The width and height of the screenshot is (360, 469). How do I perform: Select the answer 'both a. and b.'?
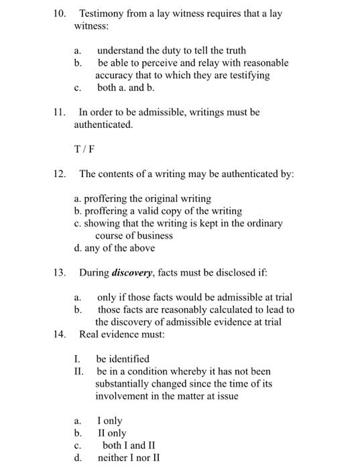coord(126,88)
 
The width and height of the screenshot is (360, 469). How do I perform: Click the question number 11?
coord(59,112)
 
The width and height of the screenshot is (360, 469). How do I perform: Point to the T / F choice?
coord(84,149)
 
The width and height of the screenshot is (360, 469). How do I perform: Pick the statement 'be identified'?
coord(123,358)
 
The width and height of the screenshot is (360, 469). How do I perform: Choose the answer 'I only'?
coord(110,421)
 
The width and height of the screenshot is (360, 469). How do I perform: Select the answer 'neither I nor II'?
coord(129,458)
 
